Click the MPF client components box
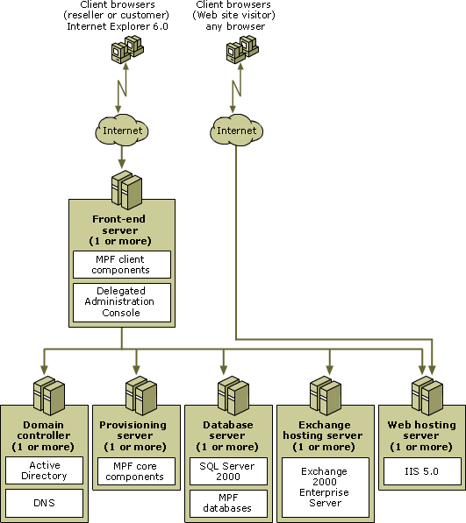pyautogui.click(x=122, y=265)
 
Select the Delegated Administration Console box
pyautogui.click(x=122, y=302)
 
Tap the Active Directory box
pyautogui.click(x=44, y=470)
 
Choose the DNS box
pyautogui.click(x=44, y=503)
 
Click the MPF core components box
pyautogui.click(x=136, y=471)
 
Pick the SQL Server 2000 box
pyautogui.click(x=228, y=471)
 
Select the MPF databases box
pyautogui.click(x=228, y=504)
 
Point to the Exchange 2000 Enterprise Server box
pyautogui.click(x=326, y=487)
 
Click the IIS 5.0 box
pyautogui.click(x=422, y=471)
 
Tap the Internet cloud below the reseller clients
pyautogui.click(x=122, y=130)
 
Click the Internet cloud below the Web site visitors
pyautogui.click(x=236, y=130)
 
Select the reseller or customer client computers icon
pyautogui.click(x=127, y=49)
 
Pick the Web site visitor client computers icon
pyautogui.click(x=242, y=49)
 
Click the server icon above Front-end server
pyautogui.click(x=126, y=190)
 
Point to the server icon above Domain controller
pyautogui.click(x=49, y=396)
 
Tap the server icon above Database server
pyautogui.click(x=233, y=396)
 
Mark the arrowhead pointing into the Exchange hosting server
pyautogui.click(x=330, y=370)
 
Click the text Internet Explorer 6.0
pyautogui.click(x=118, y=26)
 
